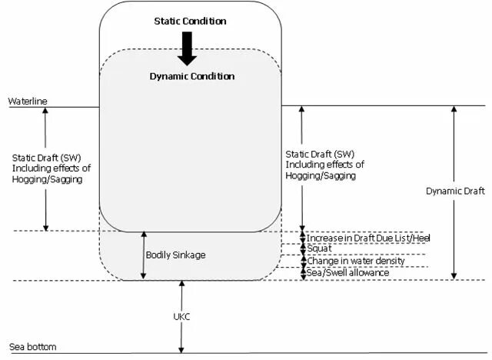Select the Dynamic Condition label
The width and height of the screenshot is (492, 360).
192,77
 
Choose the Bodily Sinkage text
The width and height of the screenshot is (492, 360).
175,255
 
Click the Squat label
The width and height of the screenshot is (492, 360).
319,250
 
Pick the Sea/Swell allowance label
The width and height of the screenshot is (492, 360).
347,272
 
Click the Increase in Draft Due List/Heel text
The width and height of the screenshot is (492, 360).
368,238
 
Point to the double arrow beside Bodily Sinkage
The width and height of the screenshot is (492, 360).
143,255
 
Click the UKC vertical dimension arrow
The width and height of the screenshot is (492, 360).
182,316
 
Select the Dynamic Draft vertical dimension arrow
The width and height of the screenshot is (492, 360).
454,192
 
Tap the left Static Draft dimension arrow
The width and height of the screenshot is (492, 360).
46,168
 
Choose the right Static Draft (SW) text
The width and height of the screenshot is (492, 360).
324,164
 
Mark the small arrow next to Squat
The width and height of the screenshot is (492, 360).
302,250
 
